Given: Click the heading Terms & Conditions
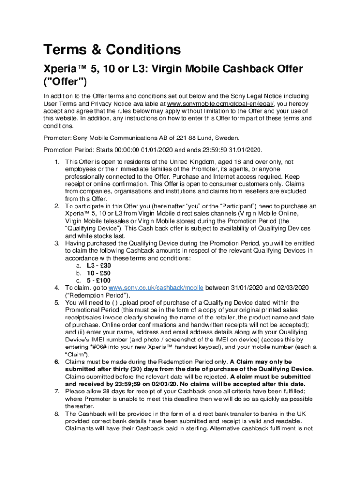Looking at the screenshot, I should point(112,50).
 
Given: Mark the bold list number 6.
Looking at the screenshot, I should point(57,362).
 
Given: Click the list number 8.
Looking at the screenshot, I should point(57,414).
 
